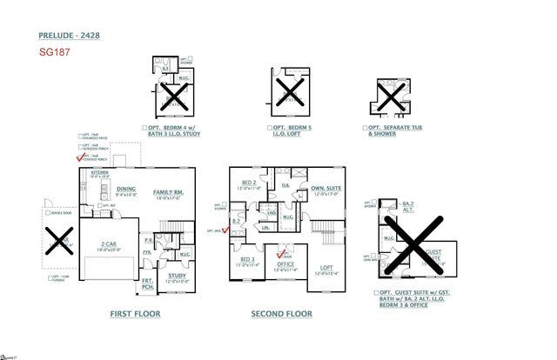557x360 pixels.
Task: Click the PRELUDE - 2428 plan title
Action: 70,37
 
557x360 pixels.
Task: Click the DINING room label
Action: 126,190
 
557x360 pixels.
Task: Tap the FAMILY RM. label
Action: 169,190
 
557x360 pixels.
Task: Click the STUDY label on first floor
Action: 177,277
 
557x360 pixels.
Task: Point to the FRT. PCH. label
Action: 148,283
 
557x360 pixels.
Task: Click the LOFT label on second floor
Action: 325,267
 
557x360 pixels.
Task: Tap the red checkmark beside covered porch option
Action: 81,157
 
